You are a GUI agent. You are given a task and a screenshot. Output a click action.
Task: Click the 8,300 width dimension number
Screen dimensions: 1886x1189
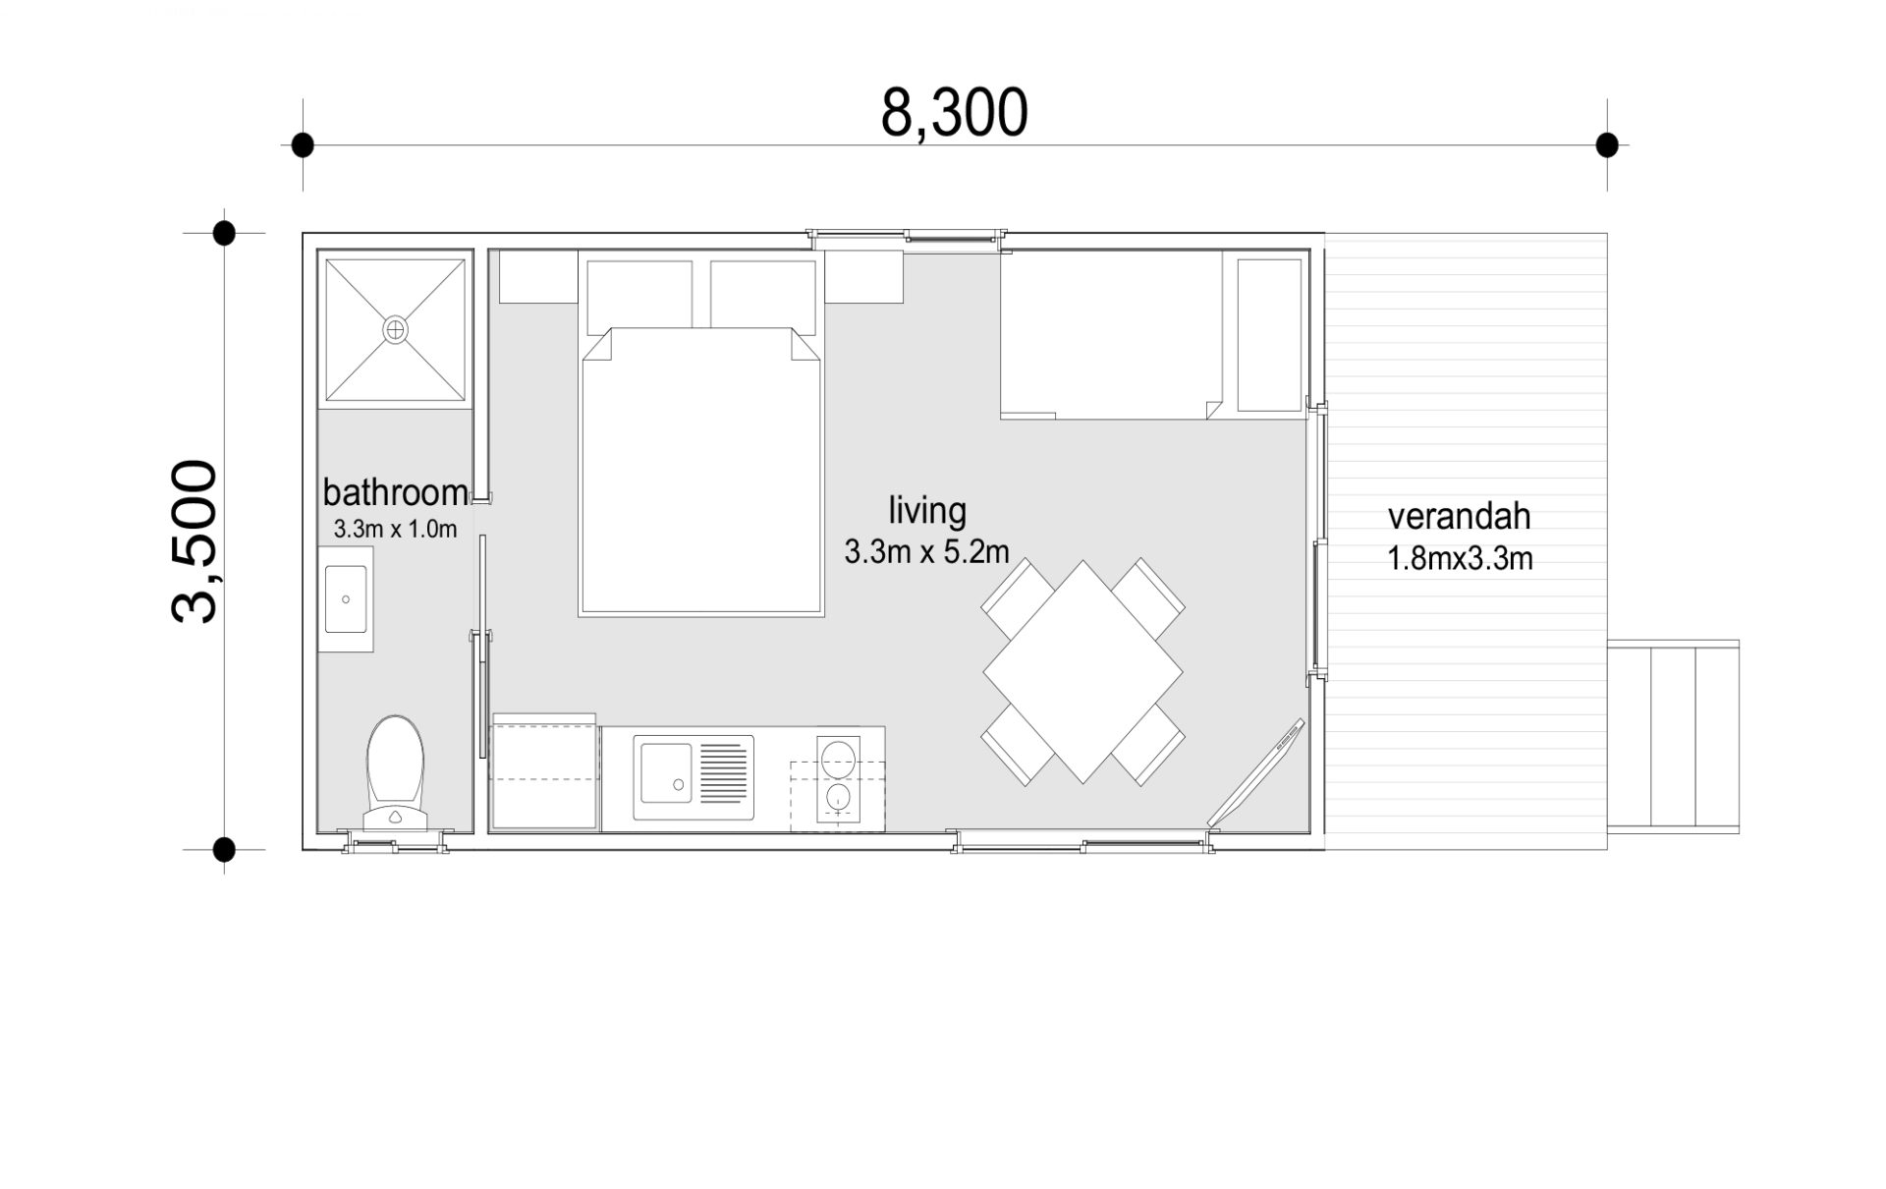point(954,113)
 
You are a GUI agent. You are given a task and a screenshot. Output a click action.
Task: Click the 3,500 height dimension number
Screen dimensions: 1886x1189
point(194,541)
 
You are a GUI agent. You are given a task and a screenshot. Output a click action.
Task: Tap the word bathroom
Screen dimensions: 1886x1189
point(395,491)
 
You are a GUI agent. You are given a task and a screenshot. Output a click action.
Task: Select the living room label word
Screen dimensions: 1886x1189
point(927,512)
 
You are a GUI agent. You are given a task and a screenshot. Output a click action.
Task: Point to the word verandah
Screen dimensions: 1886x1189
point(1459,516)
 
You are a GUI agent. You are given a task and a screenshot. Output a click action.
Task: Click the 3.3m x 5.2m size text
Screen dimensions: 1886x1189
point(926,552)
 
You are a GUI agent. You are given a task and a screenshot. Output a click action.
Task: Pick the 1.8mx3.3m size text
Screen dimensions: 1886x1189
point(1459,558)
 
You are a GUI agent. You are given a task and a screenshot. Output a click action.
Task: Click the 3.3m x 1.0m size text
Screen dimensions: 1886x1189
point(395,530)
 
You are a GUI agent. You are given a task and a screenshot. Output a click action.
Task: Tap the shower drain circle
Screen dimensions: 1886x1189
point(395,329)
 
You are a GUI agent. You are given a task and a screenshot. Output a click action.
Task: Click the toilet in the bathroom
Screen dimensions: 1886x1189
point(395,772)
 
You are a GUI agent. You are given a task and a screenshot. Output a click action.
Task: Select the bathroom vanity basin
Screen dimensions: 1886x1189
point(346,598)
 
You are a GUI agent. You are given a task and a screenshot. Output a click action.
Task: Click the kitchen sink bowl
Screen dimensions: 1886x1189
point(666,772)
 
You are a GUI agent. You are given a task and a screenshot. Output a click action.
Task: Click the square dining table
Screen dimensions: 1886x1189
point(1083,672)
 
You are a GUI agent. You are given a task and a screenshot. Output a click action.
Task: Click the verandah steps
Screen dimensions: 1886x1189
point(1673,735)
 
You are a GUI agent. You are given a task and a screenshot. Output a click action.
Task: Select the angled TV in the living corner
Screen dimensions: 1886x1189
point(1255,772)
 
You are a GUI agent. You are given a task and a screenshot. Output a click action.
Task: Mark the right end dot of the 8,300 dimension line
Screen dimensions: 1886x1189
point(1607,145)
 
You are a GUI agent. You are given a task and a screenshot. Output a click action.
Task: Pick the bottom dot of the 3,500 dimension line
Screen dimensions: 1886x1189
point(224,849)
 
